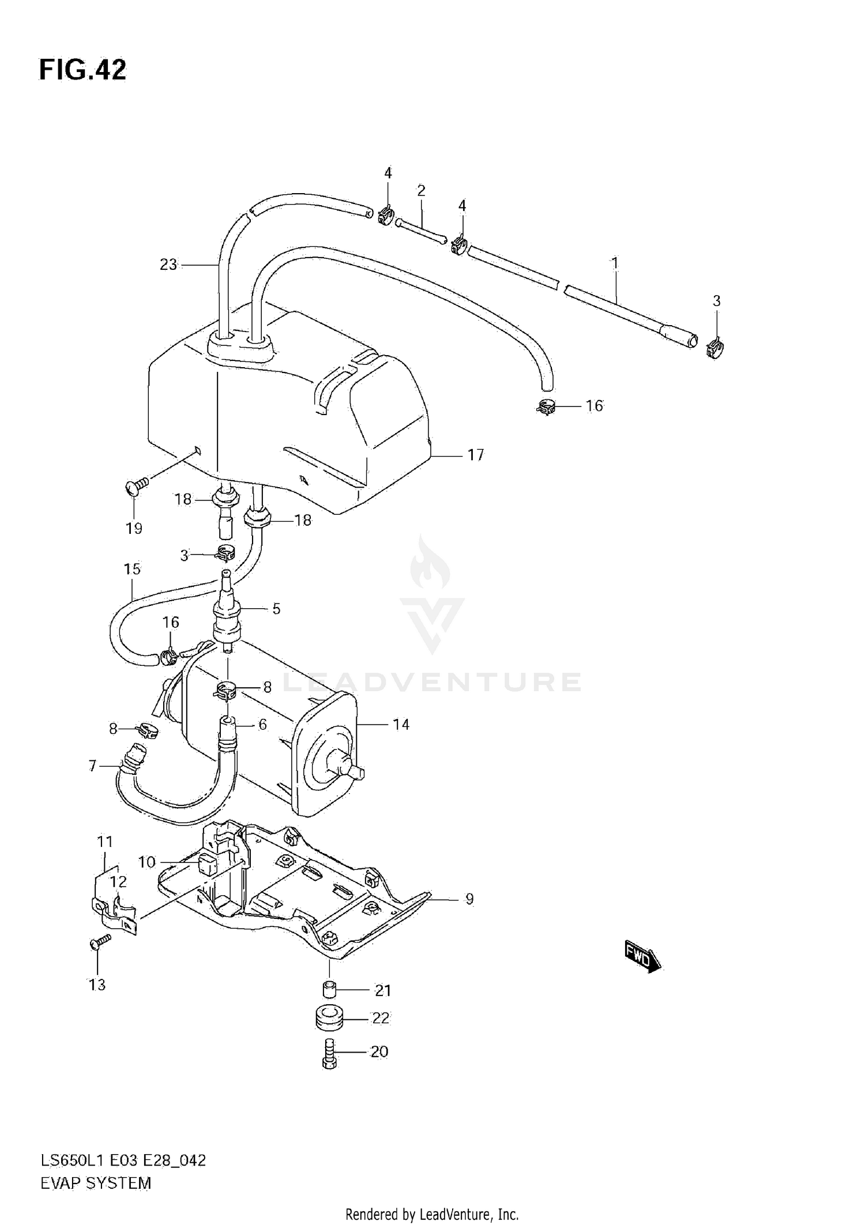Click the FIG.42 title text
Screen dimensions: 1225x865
coord(82,70)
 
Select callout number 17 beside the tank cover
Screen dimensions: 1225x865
coord(476,455)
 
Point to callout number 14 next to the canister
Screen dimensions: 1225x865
coord(401,724)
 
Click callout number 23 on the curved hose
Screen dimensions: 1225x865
coord(168,265)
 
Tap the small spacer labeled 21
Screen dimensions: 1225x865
coord(329,989)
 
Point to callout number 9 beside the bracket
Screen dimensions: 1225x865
coord(469,899)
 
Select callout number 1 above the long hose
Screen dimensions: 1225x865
coord(615,263)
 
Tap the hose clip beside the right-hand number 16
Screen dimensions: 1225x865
coord(546,407)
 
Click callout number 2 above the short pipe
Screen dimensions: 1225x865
coord(421,190)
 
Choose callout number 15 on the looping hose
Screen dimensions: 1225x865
coord(132,569)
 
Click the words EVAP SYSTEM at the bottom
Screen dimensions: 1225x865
coord(96,1183)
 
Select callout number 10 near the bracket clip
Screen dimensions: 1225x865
coord(147,862)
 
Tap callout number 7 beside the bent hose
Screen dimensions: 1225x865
coord(92,766)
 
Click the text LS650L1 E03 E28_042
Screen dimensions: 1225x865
coord(123,1160)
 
